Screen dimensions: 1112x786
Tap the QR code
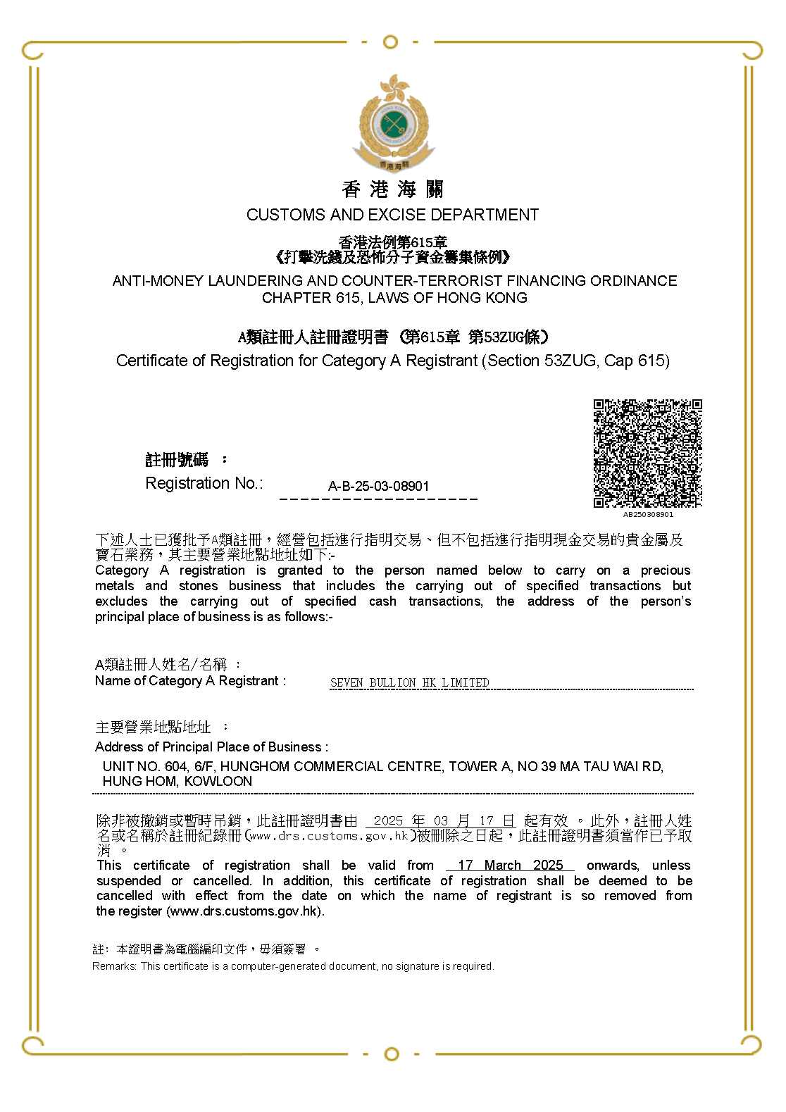(x=647, y=453)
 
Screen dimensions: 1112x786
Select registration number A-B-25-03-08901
(x=378, y=486)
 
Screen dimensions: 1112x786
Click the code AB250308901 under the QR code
(x=648, y=514)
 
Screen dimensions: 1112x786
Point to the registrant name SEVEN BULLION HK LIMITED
(x=409, y=682)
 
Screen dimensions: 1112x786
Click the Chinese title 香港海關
(x=392, y=189)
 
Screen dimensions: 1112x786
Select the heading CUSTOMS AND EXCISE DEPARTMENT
(x=392, y=215)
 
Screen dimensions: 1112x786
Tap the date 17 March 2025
(x=510, y=865)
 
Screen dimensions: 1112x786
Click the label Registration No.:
(x=204, y=483)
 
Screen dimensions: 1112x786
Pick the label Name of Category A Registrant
(x=190, y=681)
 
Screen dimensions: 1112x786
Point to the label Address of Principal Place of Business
(x=211, y=746)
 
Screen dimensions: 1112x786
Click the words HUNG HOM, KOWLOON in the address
(x=177, y=781)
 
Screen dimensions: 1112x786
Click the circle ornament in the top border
(x=390, y=42)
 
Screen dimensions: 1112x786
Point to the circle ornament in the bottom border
(x=392, y=1054)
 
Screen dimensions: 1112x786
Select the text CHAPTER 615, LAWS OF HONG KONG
(x=394, y=298)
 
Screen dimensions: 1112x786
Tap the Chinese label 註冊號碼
(x=177, y=460)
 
